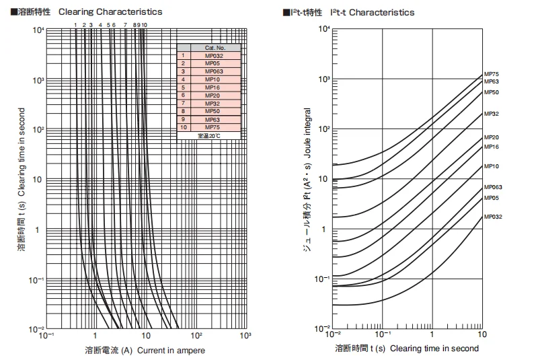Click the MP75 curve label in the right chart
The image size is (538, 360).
click(x=492, y=73)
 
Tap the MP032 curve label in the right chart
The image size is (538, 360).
click(x=493, y=217)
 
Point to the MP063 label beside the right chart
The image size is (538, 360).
click(x=493, y=187)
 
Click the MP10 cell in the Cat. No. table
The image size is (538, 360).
click(x=213, y=79)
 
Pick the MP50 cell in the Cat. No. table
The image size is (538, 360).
click(x=213, y=111)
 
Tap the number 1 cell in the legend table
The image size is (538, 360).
click(x=182, y=56)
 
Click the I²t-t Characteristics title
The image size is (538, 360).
click(x=377, y=12)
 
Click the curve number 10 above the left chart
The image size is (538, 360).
click(x=144, y=24)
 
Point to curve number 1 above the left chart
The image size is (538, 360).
click(x=75, y=24)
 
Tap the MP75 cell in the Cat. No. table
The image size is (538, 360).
click(x=213, y=127)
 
